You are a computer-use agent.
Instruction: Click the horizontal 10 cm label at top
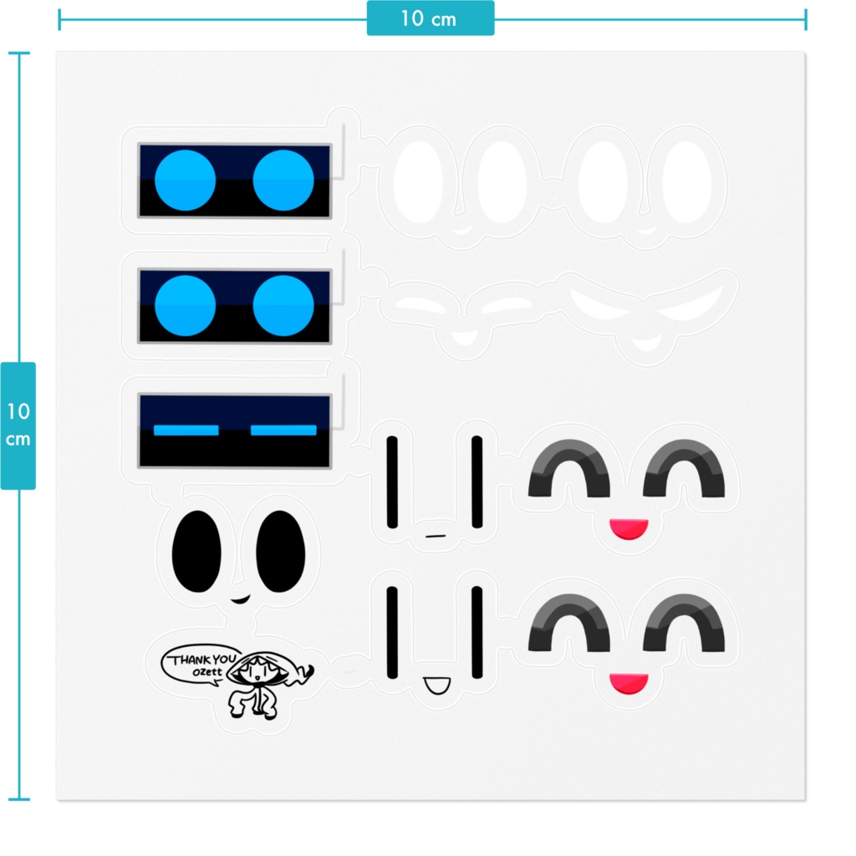430,18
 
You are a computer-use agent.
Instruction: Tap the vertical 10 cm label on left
18,425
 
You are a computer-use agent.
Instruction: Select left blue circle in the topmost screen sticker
185,181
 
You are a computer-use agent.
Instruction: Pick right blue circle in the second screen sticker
283,306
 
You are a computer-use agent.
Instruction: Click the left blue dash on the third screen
186,431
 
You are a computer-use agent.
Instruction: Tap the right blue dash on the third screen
283,431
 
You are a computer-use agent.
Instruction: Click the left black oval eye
196,552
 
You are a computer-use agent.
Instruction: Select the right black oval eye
280,552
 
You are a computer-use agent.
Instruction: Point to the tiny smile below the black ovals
240,599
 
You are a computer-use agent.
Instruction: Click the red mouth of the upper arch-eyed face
629,528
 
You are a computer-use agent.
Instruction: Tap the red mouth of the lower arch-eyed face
629,683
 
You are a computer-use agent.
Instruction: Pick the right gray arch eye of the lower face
685,624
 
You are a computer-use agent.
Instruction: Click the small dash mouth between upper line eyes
433,533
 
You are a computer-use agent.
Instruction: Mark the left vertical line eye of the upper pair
391,481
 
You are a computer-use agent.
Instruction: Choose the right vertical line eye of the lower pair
476,632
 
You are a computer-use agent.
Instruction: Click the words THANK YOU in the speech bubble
203,660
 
